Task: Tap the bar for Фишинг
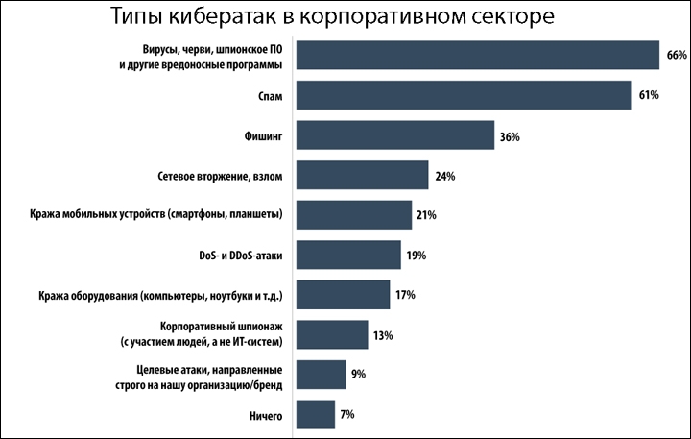[x=395, y=135]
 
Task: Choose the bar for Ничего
[x=316, y=414]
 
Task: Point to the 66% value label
[x=676, y=56]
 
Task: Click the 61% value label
[x=648, y=96]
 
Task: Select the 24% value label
[x=443, y=177]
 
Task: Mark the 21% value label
[x=426, y=216]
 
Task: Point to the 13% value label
[x=384, y=335]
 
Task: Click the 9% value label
[x=359, y=375]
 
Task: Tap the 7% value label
[x=347, y=414]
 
